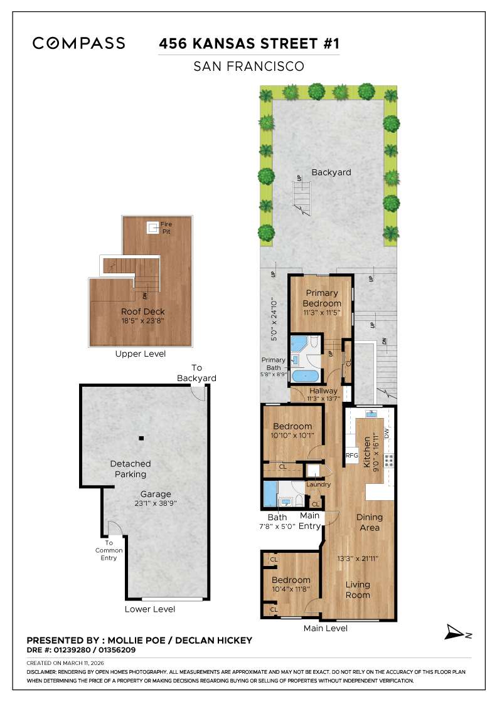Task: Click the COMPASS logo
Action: coord(79,43)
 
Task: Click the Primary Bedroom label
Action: coord(323,298)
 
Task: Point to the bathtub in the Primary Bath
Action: coord(306,375)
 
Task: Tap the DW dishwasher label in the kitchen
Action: coord(387,433)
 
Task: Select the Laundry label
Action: coord(318,485)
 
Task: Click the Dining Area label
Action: coord(369,522)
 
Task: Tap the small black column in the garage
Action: coord(142,437)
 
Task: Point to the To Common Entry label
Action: coord(109,550)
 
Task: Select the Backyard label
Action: coord(331,172)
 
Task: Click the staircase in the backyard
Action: coord(302,196)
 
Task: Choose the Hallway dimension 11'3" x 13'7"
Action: coord(323,397)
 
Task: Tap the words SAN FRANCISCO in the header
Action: coord(248,66)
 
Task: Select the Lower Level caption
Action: coord(150,609)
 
